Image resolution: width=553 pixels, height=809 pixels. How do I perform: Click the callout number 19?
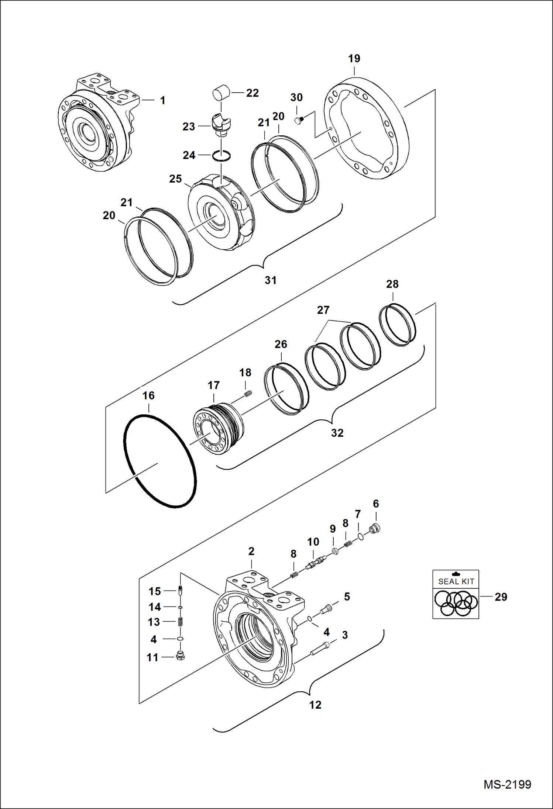click(x=354, y=58)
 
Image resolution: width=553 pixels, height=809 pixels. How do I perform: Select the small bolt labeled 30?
click(x=299, y=120)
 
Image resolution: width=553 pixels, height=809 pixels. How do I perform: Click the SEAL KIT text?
click(x=456, y=581)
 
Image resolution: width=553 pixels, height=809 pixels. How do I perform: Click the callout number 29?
click(x=501, y=597)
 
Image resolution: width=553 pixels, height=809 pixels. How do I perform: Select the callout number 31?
click(x=271, y=280)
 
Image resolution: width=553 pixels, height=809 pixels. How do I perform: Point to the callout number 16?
click(x=148, y=395)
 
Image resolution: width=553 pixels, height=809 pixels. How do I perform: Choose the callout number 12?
click(x=315, y=705)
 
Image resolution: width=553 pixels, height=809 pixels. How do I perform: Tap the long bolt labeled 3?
click(x=320, y=648)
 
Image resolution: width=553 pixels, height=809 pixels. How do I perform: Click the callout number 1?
click(x=162, y=100)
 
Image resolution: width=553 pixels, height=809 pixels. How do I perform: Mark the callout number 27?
click(x=323, y=310)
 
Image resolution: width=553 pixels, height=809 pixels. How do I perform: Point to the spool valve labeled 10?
click(x=315, y=563)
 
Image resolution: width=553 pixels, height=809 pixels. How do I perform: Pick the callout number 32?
click(x=337, y=433)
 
